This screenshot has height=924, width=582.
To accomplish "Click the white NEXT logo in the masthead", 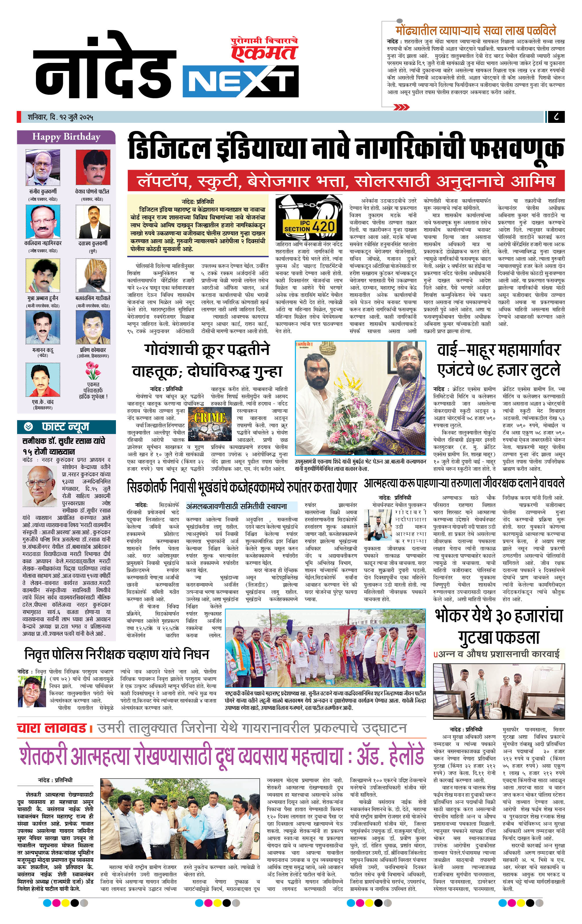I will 241,81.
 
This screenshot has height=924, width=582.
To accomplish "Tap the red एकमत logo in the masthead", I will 265,52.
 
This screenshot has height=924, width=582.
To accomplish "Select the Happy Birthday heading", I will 66,136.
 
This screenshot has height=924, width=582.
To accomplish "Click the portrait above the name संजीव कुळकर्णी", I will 43,168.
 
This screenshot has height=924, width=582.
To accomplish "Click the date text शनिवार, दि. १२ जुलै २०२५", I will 60,117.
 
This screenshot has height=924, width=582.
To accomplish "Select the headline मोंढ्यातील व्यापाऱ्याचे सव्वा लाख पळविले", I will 476,31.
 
